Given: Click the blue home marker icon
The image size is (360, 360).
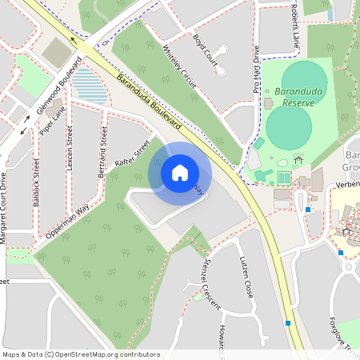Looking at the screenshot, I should pos(180,173).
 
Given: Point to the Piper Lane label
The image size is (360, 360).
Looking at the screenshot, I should pos(50,122).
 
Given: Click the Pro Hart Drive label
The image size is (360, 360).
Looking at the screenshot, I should pos(257,71).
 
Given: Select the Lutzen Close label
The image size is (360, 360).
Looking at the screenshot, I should pos(247,278).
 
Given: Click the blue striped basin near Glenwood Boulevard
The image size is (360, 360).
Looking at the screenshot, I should pos(90,86).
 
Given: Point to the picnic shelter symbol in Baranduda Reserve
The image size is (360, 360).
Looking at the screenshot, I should pos(298,159).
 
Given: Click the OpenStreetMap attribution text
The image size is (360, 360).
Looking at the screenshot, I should pos(81,354).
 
